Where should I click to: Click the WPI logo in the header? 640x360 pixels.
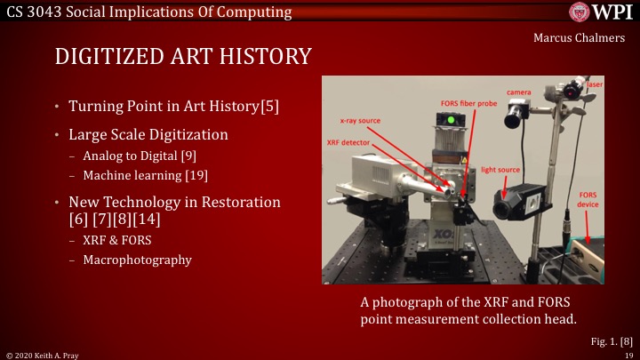[x=602, y=12]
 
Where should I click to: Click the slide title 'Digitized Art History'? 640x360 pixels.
[x=183, y=57]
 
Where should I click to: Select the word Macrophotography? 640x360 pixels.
[x=137, y=260]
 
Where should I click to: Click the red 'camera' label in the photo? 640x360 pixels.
[x=520, y=92]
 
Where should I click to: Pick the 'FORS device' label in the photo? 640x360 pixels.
[x=588, y=197]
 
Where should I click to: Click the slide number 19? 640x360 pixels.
[x=628, y=354]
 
